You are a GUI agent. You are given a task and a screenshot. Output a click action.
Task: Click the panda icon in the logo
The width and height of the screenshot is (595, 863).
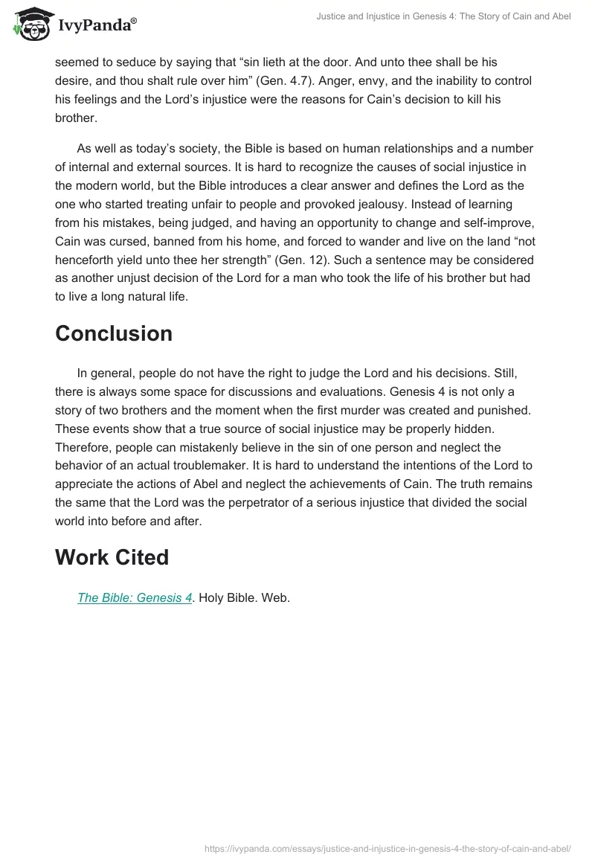click(30, 25)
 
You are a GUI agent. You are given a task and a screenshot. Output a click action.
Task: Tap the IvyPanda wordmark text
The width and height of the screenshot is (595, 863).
click(96, 27)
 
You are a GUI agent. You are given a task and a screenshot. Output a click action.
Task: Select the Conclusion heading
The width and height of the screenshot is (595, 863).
click(114, 333)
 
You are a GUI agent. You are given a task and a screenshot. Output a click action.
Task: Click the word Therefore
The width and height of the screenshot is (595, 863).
click(85, 447)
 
